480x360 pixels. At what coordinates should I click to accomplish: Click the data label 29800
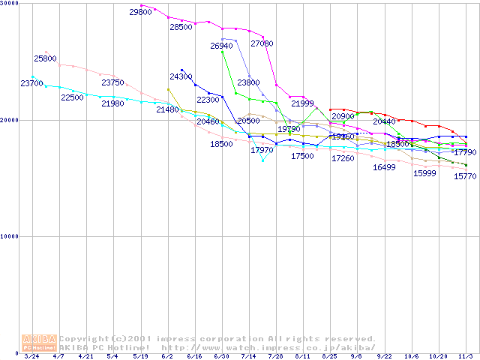click(x=141, y=12)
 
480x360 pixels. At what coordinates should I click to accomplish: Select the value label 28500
click(x=181, y=27)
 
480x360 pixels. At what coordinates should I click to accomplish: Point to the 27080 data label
click(x=262, y=43)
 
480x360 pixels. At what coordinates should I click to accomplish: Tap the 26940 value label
click(x=222, y=46)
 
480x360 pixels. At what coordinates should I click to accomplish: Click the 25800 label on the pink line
click(x=45, y=58)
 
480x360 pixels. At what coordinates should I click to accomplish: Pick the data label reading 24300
click(x=181, y=76)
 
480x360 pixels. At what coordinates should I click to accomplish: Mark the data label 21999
click(x=303, y=103)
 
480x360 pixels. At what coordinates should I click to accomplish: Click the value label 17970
click(x=262, y=150)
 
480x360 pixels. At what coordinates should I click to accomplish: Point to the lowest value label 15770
click(x=465, y=176)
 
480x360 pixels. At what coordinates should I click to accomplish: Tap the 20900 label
click(x=343, y=116)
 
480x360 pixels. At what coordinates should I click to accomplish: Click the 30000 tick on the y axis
click(x=10, y=4)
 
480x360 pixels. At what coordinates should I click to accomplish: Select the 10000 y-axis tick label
click(x=10, y=236)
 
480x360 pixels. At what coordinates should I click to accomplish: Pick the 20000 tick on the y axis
click(x=10, y=120)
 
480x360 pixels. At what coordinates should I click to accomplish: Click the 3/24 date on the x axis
click(x=32, y=356)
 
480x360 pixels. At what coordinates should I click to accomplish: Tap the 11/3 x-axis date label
click(x=465, y=356)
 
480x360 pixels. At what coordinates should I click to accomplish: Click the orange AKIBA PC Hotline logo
click(x=40, y=343)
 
